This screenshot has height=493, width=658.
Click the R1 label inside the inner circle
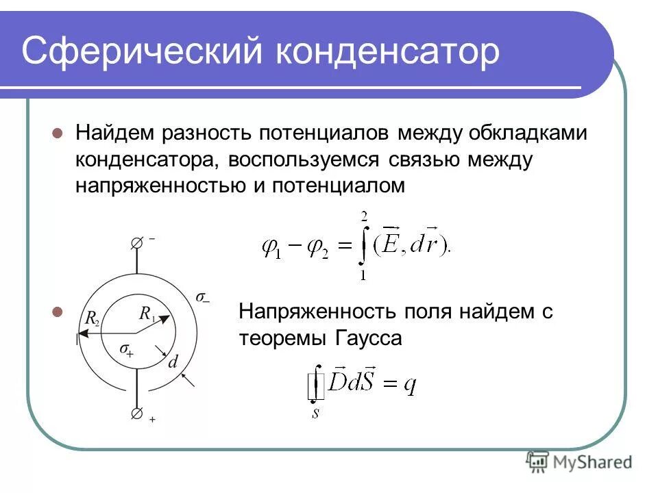(147, 314)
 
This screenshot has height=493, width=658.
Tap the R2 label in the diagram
(93, 317)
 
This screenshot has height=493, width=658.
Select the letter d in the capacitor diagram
(173, 362)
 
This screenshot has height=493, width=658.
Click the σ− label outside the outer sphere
(203, 298)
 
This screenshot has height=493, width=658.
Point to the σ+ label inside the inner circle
(126, 349)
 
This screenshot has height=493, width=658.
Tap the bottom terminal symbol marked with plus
(137, 414)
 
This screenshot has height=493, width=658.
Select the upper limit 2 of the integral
(365, 216)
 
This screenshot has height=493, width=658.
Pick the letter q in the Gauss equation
(410, 385)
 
